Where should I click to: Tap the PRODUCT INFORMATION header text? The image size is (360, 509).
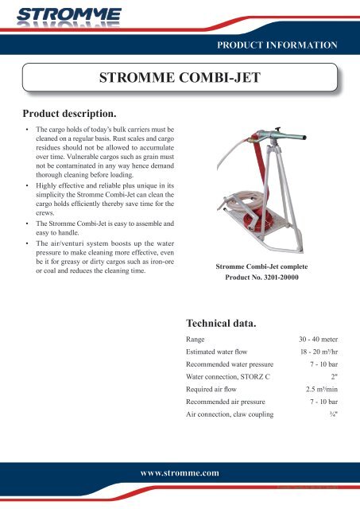283,45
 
